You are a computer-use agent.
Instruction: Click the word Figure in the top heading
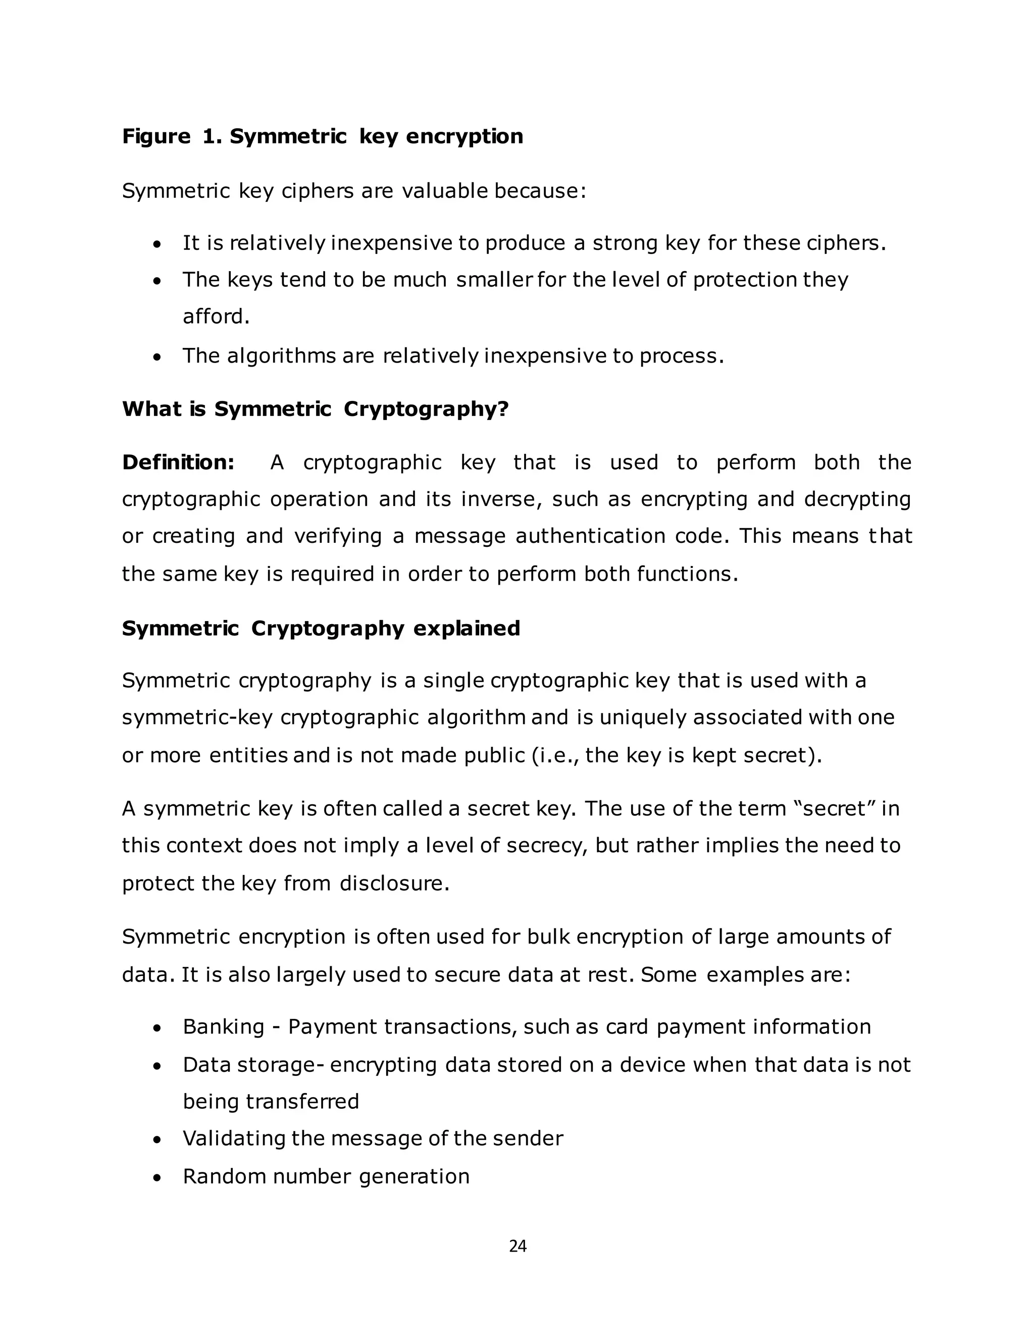pyautogui.click(x=156, y=136)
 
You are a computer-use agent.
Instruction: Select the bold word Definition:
pyautogui.click(x=178, y=462)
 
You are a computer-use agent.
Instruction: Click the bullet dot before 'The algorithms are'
pyautogui.click(x=158, y=357)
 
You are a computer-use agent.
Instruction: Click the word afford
pyautogui.click(x=216, y=317)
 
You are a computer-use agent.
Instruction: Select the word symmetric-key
pyautogui.click(x=197, y=717)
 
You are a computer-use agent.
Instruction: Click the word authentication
pyautogui.click(x=591, y=536)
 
